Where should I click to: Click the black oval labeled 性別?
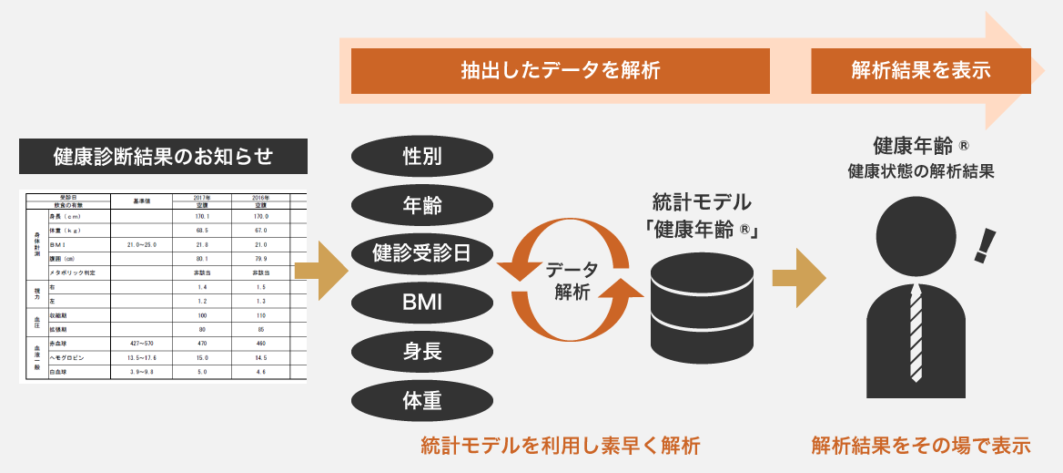pos(422,156)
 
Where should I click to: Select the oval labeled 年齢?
pos(422,204)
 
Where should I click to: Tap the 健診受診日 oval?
pos(422,252)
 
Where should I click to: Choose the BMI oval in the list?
pos(422,301)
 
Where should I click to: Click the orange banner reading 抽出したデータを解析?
pos(560,71)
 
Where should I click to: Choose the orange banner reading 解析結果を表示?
pos(921,71)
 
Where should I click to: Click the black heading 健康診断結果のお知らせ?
pos(164,156)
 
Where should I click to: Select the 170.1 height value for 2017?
pos(202,217)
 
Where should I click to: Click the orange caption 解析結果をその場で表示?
pos(921,446)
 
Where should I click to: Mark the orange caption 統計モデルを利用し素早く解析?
pos(561,446)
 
